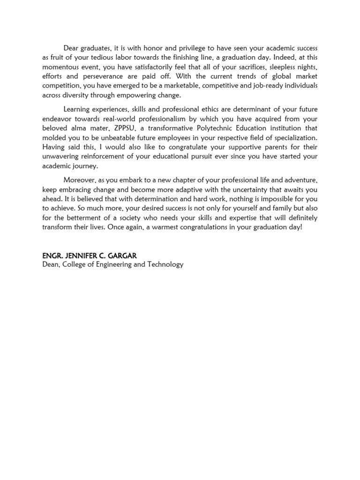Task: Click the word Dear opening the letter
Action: (x=71, y=48)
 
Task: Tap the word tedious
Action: (x=92, y=58)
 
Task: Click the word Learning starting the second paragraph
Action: (x=78, y=109)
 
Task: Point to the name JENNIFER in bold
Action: (x=80, y=256)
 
